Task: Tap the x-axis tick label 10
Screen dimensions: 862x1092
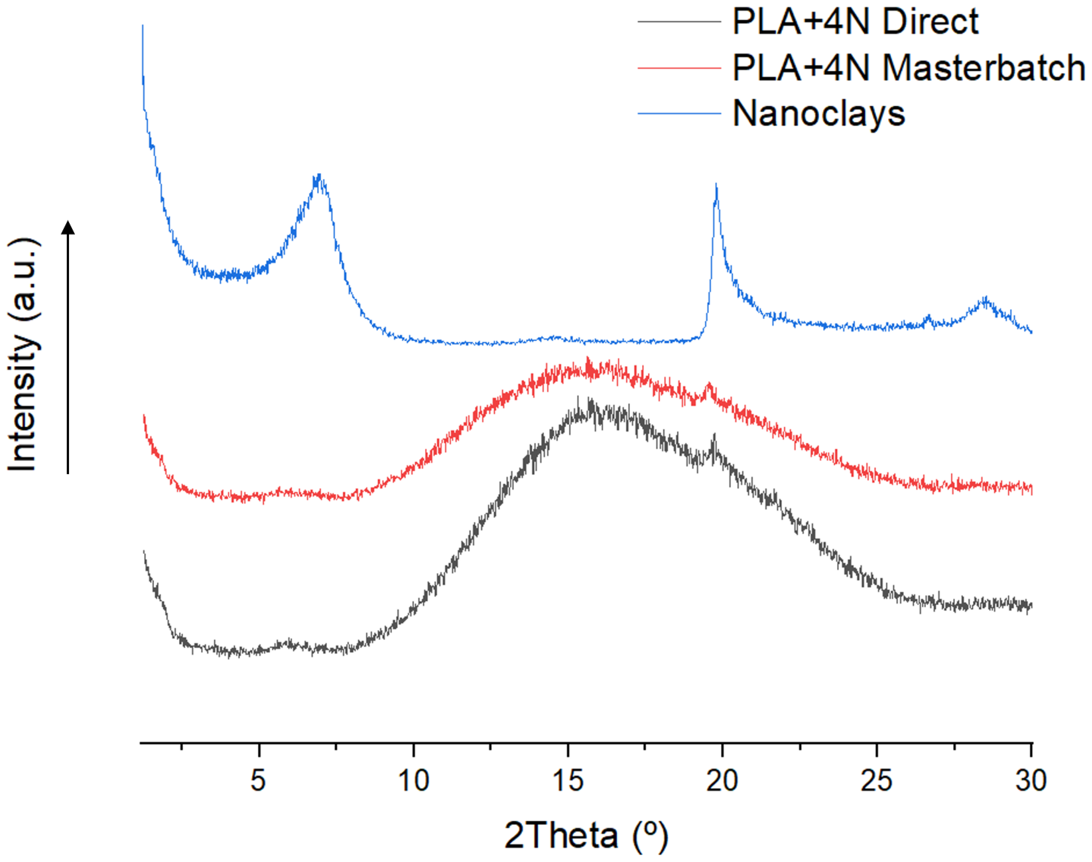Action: pos(413,780)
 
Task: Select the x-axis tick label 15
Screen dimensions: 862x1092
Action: pos(568,780)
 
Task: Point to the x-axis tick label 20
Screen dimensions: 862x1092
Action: pos(722,780)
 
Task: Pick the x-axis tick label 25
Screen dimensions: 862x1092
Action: pos(877,780)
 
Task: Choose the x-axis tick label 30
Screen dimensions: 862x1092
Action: pos(1031,780)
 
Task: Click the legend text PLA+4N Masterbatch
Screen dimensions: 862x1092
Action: pos(908,68)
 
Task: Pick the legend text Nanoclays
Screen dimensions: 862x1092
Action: pos(818,113)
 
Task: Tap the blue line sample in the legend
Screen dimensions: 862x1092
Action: pos(679,113)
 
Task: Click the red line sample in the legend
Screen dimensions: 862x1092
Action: pos(679,68)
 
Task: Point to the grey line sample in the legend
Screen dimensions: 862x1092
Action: pos(679,22)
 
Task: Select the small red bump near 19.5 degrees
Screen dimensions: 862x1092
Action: pos(710,387)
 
